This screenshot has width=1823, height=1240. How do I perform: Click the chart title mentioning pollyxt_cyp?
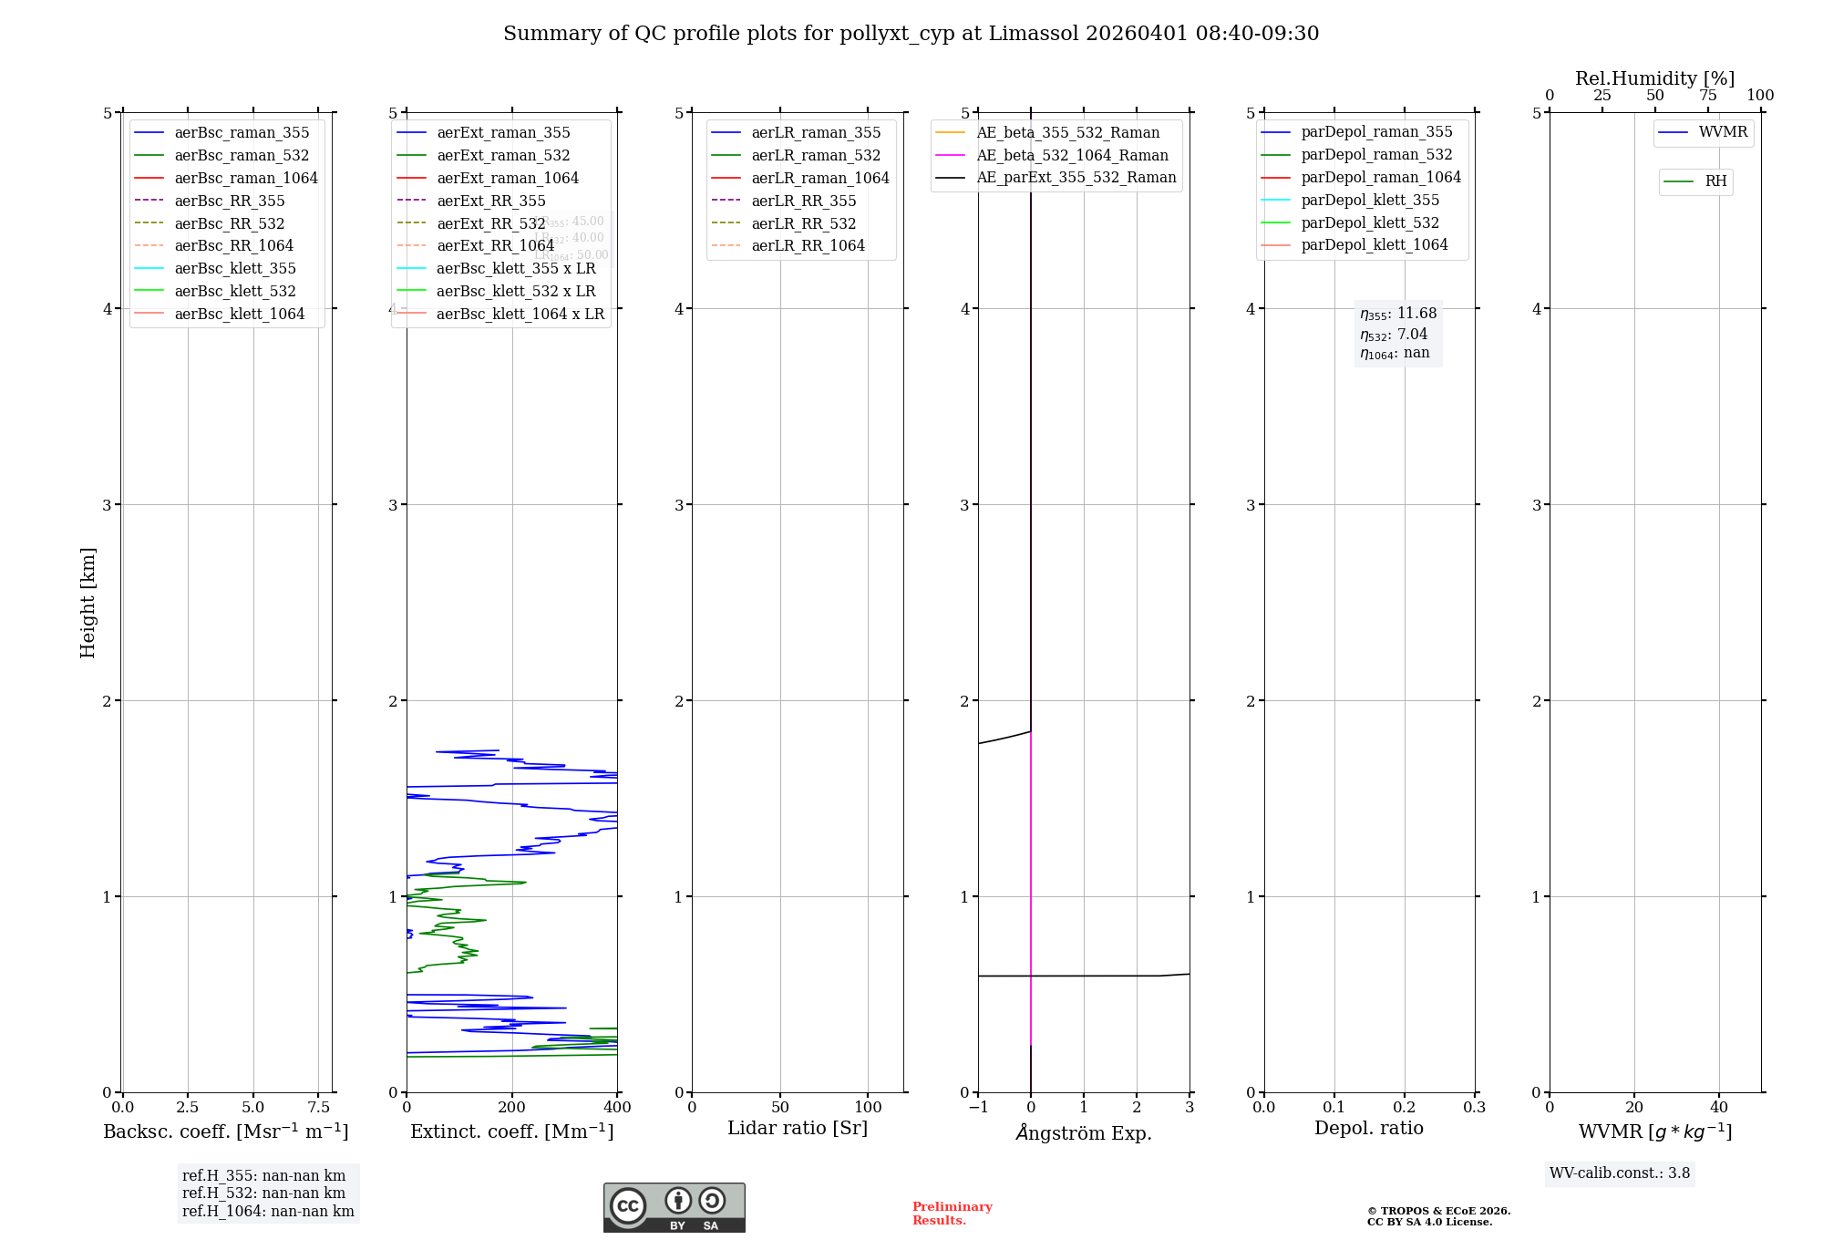pos(911,34)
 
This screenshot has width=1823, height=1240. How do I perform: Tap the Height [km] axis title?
pos(88,603)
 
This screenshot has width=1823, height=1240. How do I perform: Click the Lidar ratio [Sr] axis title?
pos(798,1128)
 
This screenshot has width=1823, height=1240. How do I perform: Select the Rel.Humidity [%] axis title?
pos(1654,78)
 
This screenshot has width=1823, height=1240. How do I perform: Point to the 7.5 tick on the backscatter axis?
pos(318,1108)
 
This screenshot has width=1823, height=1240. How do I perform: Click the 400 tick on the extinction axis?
pos(617,1108)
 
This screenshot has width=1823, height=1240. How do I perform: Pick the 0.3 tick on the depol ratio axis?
pos(1474,1108)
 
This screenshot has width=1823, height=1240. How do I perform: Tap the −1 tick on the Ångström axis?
pos(977,1108)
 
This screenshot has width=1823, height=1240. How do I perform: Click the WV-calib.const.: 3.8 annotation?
pos(1620,1173)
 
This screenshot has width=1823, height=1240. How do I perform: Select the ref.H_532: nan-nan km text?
pos(263,1193)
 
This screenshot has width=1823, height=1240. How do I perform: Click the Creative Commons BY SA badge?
pos(674,1208)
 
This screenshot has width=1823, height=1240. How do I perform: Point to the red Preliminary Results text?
pos(952,1214)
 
